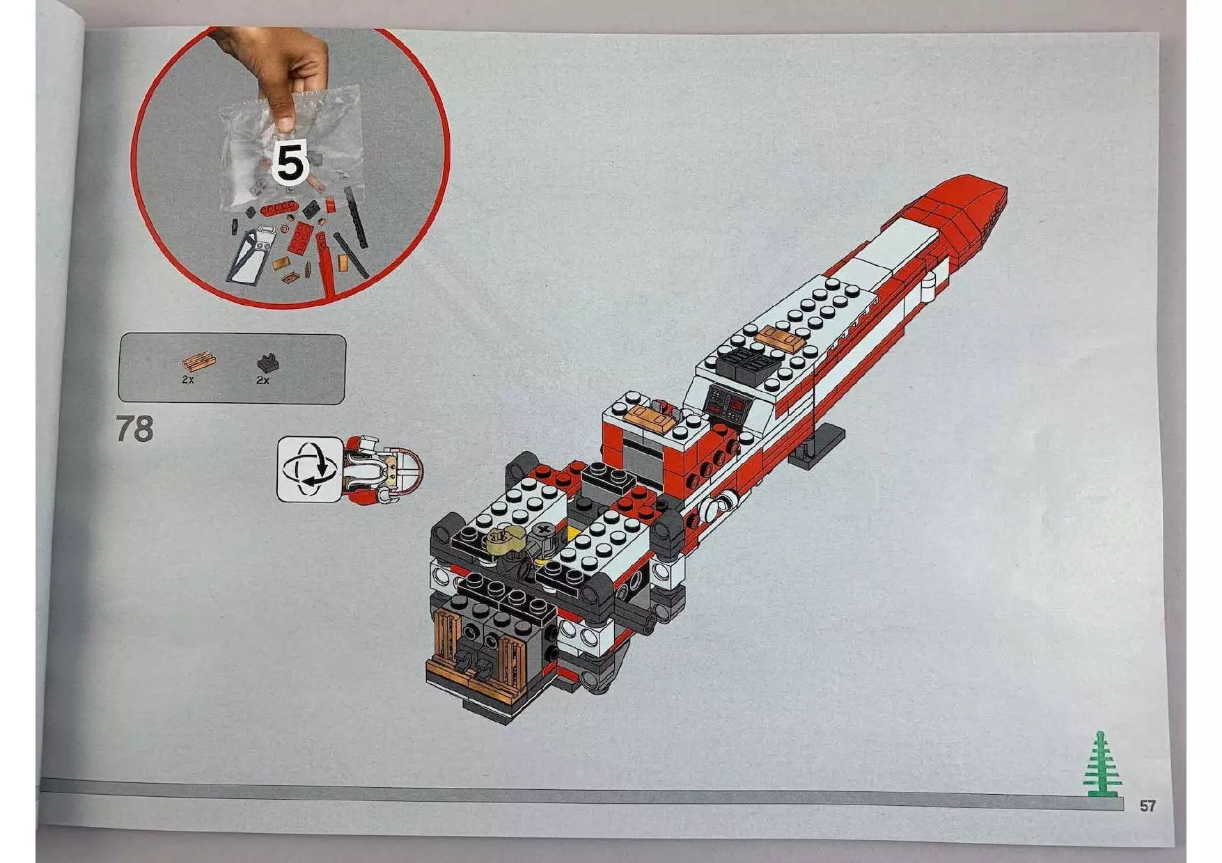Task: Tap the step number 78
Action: tap(134, 429)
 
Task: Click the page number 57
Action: tap(1147, 806)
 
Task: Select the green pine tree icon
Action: tap(1099, 765)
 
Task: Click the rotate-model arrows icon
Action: tap(309, 468)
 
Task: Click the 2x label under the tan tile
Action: tap(187, 380)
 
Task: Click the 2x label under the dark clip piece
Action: tap(263, 381)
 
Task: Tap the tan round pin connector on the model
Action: tap(503, 539)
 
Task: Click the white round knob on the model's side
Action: tap(716, 509)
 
